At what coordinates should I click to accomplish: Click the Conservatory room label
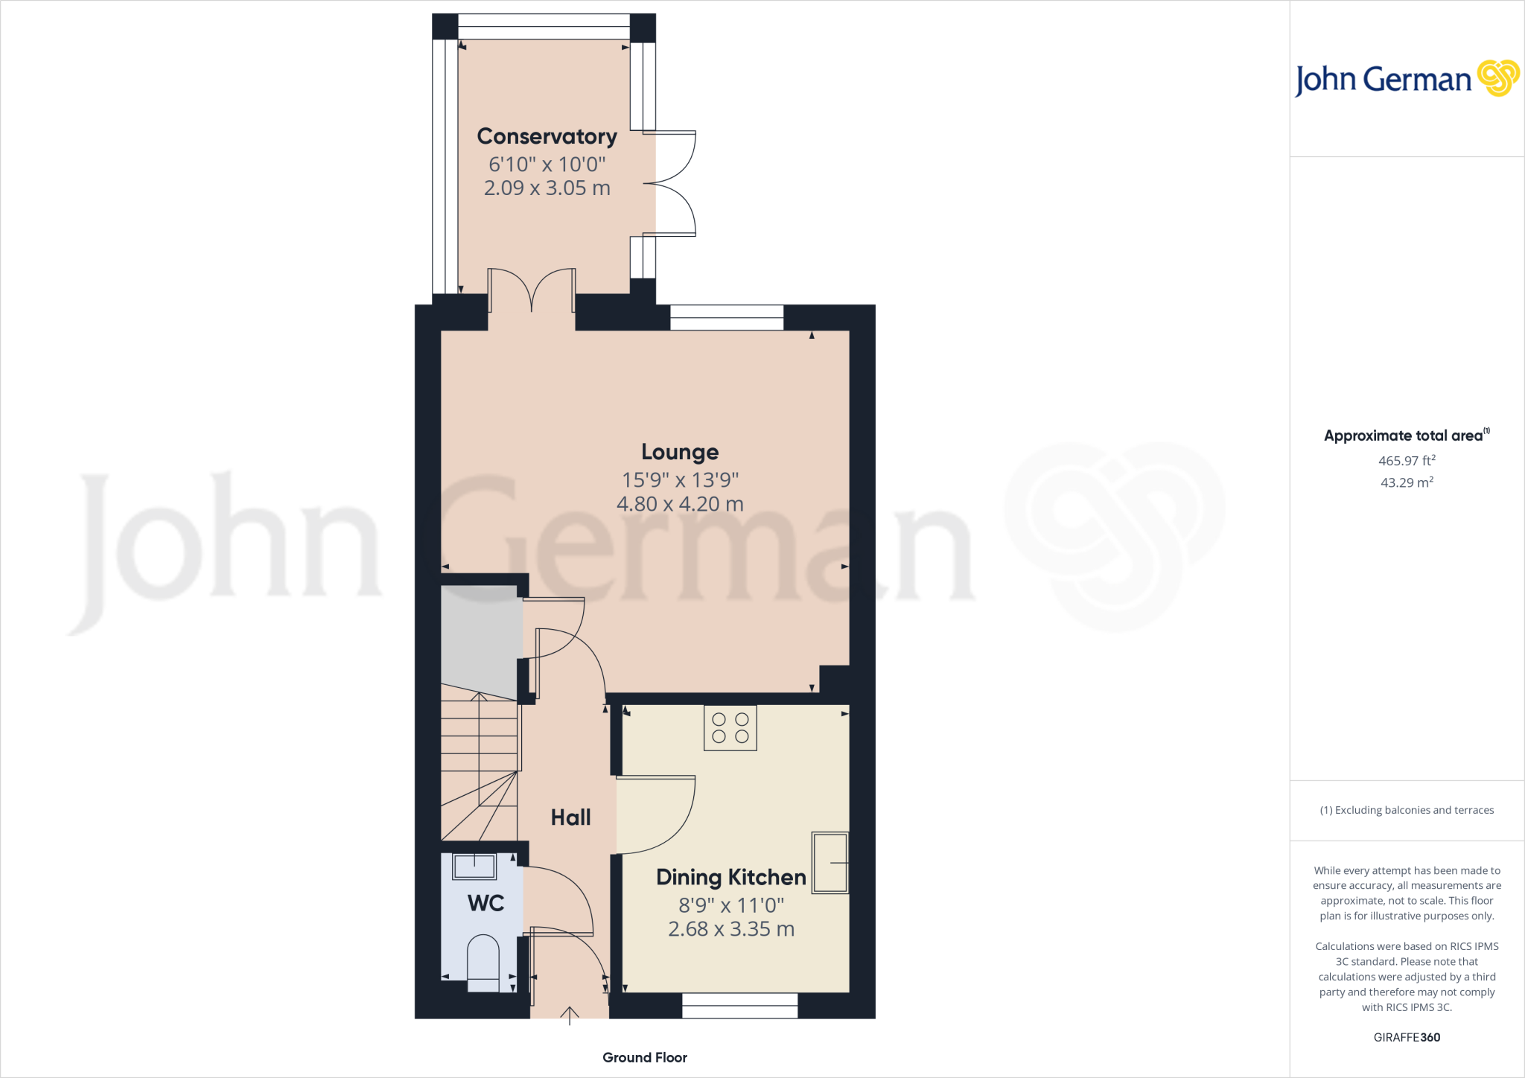547,137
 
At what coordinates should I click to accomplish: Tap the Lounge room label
680,452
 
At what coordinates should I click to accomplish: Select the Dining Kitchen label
731,878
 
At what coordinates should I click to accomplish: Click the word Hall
570,817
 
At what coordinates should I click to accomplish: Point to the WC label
485,903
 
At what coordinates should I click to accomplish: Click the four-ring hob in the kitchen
730,728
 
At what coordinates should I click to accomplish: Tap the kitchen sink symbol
830,862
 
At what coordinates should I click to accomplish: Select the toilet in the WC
483,963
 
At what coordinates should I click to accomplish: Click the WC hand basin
474,867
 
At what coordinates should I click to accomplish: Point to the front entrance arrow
570,1016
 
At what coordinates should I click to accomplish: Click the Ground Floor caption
645,1058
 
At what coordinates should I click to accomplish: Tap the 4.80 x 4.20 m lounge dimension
680,504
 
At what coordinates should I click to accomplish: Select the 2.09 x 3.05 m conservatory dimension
547,188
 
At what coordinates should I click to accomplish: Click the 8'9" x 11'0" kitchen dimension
731,905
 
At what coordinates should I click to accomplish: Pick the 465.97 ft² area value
1407,461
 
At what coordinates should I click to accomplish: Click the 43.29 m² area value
1407,482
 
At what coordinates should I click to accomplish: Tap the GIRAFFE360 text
1407,1037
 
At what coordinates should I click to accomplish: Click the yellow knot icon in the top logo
1498,78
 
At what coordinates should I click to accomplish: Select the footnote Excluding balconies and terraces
1407,810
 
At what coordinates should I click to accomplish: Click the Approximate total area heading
1407,436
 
